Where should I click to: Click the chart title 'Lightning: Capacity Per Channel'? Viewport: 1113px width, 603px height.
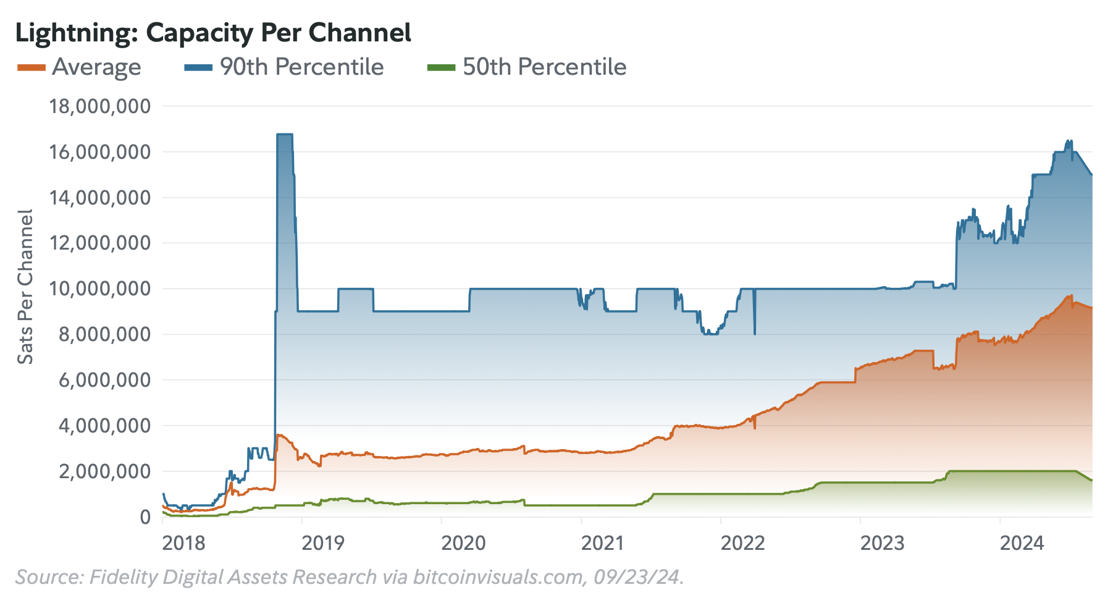(x=213, y=33)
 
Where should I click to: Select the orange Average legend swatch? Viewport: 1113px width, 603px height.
(x=31, y=67)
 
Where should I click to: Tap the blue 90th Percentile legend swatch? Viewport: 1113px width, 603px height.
(x=198, y=67)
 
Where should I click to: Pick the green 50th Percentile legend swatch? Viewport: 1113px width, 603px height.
(x=441, y=67)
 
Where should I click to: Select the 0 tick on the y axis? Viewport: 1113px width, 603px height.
(x=145, y=517)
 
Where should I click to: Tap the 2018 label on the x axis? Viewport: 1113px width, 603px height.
(x=183, y=543)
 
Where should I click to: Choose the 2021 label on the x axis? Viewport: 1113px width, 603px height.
(x=603, y=543)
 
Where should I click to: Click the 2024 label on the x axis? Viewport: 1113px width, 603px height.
(x=1022, y=543)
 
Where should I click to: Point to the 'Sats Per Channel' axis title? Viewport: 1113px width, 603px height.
(x=25, y=287)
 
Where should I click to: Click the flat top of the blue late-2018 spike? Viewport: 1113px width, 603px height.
(x=285, y=134)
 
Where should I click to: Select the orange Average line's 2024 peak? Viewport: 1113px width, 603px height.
(x=1071, y=295)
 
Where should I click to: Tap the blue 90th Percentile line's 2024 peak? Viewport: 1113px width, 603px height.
(x=1069, y=141)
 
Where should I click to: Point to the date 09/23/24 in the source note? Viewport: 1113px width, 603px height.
(x=636, y=577)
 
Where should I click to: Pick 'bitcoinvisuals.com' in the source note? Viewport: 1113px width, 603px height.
(x=497, y=577)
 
